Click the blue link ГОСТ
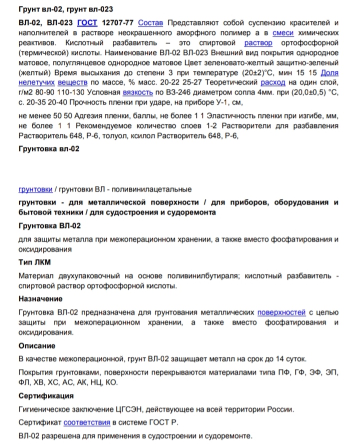(x=87, y=23)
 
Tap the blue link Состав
(x=150, y=23)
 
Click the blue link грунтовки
(x=35, y=189)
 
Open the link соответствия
(x=87, y=422)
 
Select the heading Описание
(x=36, y=346)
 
